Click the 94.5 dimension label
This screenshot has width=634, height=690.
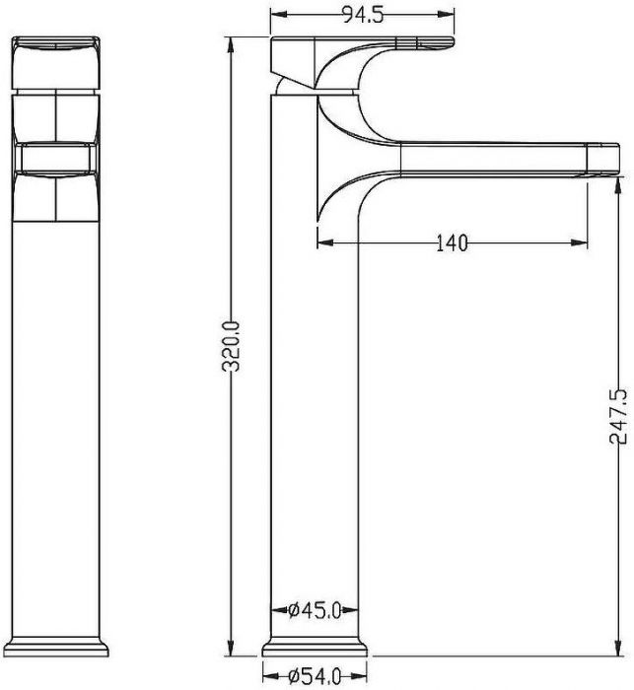click(363, 15)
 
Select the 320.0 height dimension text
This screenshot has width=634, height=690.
click(232, 346)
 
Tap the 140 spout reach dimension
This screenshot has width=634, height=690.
click(453, 242)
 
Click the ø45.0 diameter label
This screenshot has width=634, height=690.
click(315, 610)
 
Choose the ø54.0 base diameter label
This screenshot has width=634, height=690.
click(315, 676)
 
